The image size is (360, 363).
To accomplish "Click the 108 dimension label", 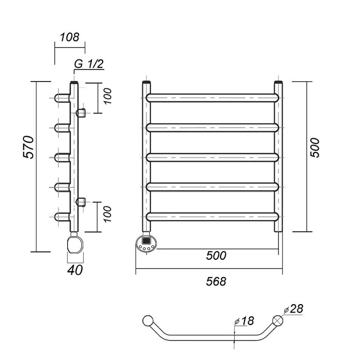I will click(x=70, y=37).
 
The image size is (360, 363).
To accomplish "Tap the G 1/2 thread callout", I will click(x=89, y=64).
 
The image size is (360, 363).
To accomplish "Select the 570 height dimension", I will click(x=30, y=147).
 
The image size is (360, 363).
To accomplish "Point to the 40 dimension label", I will click(x=75, y=270).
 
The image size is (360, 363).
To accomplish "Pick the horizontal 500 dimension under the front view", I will click(x=216, y=256).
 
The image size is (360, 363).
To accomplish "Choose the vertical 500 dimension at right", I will click(x=315, y=148).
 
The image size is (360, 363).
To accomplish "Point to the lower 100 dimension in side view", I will click(x=108, y=214).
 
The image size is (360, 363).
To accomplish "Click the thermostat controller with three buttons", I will click(x=146, y=243).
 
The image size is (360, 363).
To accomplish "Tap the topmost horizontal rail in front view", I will click(x=212, y=98).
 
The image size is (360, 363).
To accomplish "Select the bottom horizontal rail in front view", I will click(x=212, y=216).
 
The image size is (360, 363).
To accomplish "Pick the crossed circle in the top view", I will click(x=278, y=320).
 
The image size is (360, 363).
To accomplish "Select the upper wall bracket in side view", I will click(x=81, y=112).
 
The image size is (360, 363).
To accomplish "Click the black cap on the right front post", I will click(x=278, y=82).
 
